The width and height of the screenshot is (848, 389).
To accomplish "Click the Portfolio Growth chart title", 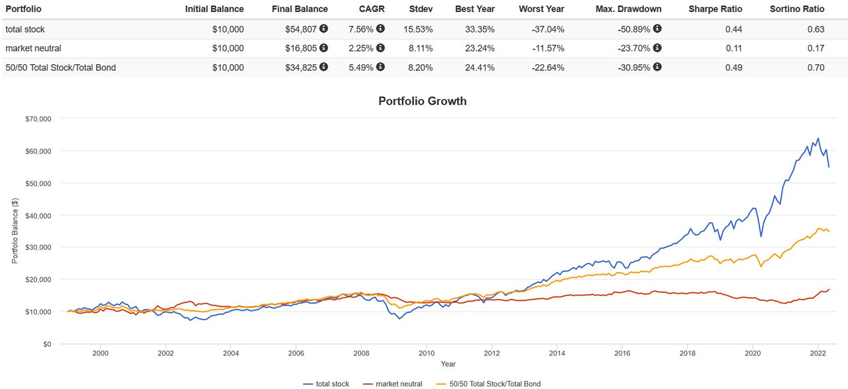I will [x=423, y=101].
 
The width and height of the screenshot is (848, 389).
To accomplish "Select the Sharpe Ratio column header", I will [x=715, y=9].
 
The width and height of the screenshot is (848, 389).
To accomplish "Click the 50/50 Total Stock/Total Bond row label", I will [x=60, y=67].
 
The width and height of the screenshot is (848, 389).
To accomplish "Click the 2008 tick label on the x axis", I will [x=361, y=354].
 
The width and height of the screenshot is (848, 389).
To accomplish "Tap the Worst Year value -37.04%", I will [x=547, y=29].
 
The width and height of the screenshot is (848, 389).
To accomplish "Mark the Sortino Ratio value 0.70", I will [x=816, y=67].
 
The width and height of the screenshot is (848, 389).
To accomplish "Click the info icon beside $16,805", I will [x=323, y=48].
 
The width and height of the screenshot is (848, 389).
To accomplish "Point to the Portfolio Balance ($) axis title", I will [x=15, y=231].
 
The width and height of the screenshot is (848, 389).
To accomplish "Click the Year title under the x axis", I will [x=448, y=364].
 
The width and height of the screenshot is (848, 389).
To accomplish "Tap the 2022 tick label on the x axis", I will [x=818, y=354].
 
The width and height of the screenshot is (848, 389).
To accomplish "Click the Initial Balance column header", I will [x=214, y=9].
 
